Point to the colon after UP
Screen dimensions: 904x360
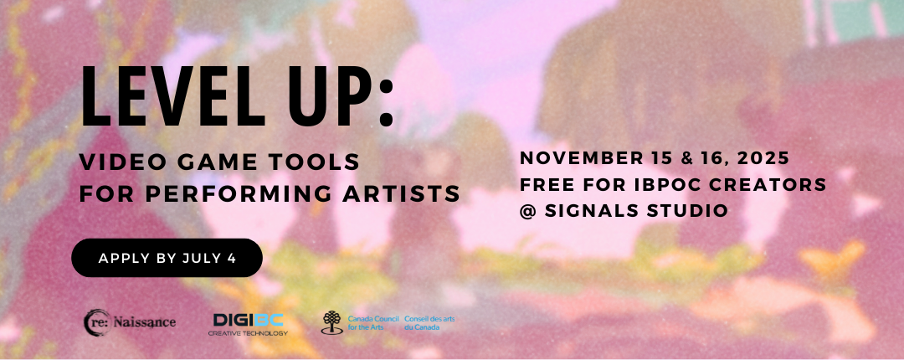point(386,105)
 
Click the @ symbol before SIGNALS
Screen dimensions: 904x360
point(528,211)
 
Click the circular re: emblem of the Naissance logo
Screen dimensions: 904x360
point(96,322)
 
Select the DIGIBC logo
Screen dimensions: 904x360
point(248,324)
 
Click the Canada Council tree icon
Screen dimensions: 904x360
point(331,322)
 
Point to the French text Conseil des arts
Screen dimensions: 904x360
point(429,318)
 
